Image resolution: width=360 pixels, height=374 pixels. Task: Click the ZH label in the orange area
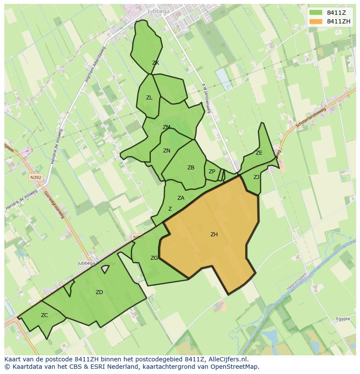(214, 235)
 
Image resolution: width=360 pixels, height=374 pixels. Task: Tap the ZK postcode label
(156, 63)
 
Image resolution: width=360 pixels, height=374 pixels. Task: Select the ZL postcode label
(149, 98)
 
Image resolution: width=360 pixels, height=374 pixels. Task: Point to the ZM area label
(167, 127)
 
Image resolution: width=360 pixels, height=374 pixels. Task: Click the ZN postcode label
(167, 151)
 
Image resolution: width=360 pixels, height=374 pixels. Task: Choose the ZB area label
(191, 168)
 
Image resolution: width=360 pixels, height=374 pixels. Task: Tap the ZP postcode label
(212, 172)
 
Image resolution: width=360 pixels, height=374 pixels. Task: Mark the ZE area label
(259, 153)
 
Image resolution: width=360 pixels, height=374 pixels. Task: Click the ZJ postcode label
(257, 177)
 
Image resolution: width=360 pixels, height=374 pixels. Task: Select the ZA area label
(181, 198)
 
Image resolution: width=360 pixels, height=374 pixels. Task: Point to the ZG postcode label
(154, 258)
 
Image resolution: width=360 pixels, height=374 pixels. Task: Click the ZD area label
(99, 292)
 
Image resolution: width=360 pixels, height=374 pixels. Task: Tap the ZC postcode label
(44, 315)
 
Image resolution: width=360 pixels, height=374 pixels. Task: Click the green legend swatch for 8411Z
(316, 13)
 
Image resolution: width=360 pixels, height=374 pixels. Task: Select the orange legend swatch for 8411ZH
(316, 21)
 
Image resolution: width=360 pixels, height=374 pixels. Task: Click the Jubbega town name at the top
(159, 11)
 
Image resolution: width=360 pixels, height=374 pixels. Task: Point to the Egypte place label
(343, 319)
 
